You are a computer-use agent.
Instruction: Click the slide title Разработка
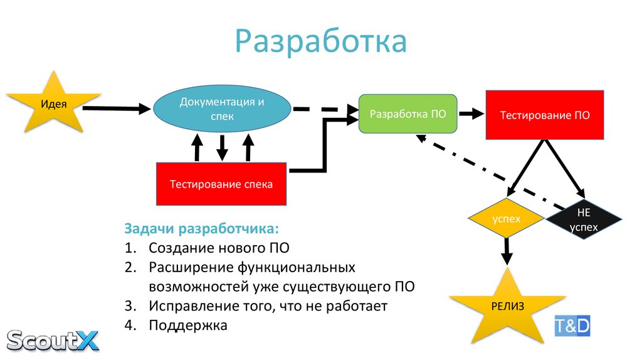[320, 42]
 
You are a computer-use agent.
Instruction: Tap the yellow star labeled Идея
[54, 103]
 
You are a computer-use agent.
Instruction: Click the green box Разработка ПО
[408, 114]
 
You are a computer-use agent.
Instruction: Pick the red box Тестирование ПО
[544, 115]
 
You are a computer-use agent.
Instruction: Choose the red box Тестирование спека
[221, 184]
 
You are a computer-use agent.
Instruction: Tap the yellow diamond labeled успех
[506, 219]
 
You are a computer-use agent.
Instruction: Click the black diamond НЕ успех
[583, 219]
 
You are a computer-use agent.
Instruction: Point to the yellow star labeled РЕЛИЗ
[503, 307]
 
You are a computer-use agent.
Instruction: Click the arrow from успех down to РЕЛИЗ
[507, 251]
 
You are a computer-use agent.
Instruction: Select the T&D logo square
[572, 326]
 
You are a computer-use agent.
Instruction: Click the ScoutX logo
[53, 340]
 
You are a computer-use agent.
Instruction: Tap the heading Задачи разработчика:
[201, 228]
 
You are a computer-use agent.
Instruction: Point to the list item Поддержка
[188, 326]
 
